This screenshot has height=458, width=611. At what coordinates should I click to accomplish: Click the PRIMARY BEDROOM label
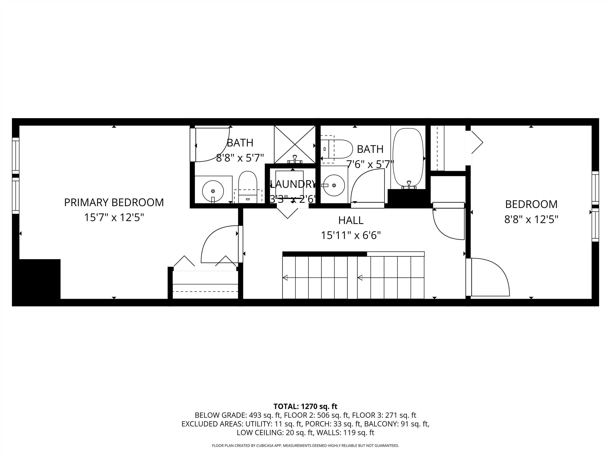tap(114, 202)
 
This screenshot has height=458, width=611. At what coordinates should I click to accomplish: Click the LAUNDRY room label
tap(293, 184)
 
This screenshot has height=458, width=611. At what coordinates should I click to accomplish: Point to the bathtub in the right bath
tap(408, 157)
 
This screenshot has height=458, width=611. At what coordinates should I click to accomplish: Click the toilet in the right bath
tap(338, 149)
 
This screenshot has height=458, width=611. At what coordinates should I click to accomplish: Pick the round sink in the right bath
tap(334, 185)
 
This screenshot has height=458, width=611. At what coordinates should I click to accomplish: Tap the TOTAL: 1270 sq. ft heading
tap(305, 406)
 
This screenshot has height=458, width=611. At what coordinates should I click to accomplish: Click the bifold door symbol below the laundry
tap(288, 213)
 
